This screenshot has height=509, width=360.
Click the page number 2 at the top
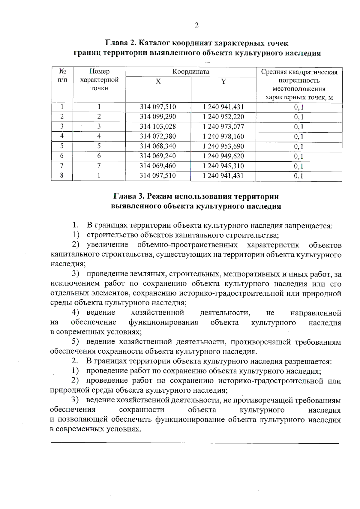click(197, 25)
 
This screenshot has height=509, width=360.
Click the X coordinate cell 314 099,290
click(158, 117)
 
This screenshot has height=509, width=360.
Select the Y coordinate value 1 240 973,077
click(223, 127)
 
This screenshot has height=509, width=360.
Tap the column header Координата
click(191, 72)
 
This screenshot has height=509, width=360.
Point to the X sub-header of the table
click(158, 82)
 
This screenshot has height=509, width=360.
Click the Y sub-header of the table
click(223, 82)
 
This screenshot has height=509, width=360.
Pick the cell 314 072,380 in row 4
click(158, 136)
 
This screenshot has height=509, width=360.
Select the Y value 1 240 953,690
click(223, 146)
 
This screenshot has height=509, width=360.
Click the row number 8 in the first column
click(62, 175)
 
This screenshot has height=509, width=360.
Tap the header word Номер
click(99, 71)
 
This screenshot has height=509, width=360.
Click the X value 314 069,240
click(158, 156)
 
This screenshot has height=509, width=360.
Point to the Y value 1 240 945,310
click(223, 166)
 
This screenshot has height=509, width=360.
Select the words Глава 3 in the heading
click(129, 196)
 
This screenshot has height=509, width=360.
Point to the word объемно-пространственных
click(187, 245)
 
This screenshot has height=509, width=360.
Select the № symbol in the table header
click(62, 71)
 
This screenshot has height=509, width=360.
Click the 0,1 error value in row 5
click(299, 147)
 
